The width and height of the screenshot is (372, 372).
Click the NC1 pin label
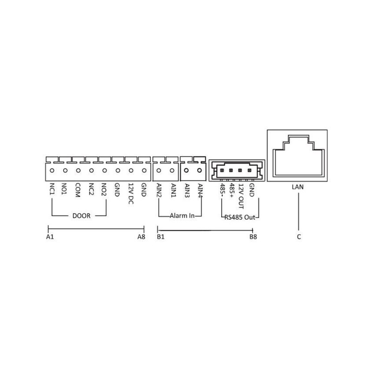pos(52,189)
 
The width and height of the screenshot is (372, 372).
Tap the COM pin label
pos(78,190)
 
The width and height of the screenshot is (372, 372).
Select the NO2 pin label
pos(104,189)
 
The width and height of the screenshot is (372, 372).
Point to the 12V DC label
pos(131,193)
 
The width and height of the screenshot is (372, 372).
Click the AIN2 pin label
pos(159,191)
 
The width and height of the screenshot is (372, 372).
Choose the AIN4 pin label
pos(200,191)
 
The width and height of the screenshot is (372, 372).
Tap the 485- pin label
pos(222,190)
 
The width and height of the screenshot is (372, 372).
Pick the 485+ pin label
pos(232,190)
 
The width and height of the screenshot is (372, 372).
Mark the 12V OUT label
pos(241,196)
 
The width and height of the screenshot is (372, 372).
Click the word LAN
pos(298,187)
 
